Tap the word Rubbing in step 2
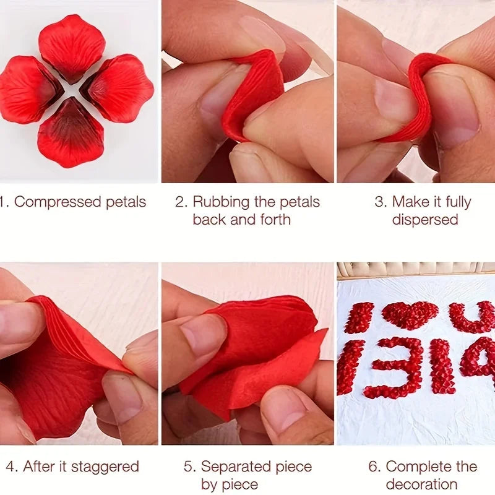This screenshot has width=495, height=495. (221, 202)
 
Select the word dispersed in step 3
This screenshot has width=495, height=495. (425, 220)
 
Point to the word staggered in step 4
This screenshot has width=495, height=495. (105, 467)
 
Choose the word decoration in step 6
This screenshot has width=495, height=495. (421, 484)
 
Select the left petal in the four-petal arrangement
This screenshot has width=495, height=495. (30, 89)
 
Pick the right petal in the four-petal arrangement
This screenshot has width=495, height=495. (118, 88)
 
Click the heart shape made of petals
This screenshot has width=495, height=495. (410, 315)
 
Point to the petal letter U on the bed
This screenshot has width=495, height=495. (472, 317)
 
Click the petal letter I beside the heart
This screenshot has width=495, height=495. (359, 317)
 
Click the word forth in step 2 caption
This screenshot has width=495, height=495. (275, 220)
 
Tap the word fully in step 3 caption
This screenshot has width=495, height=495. (458, 202)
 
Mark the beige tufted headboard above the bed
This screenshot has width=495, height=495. (416, 270)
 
